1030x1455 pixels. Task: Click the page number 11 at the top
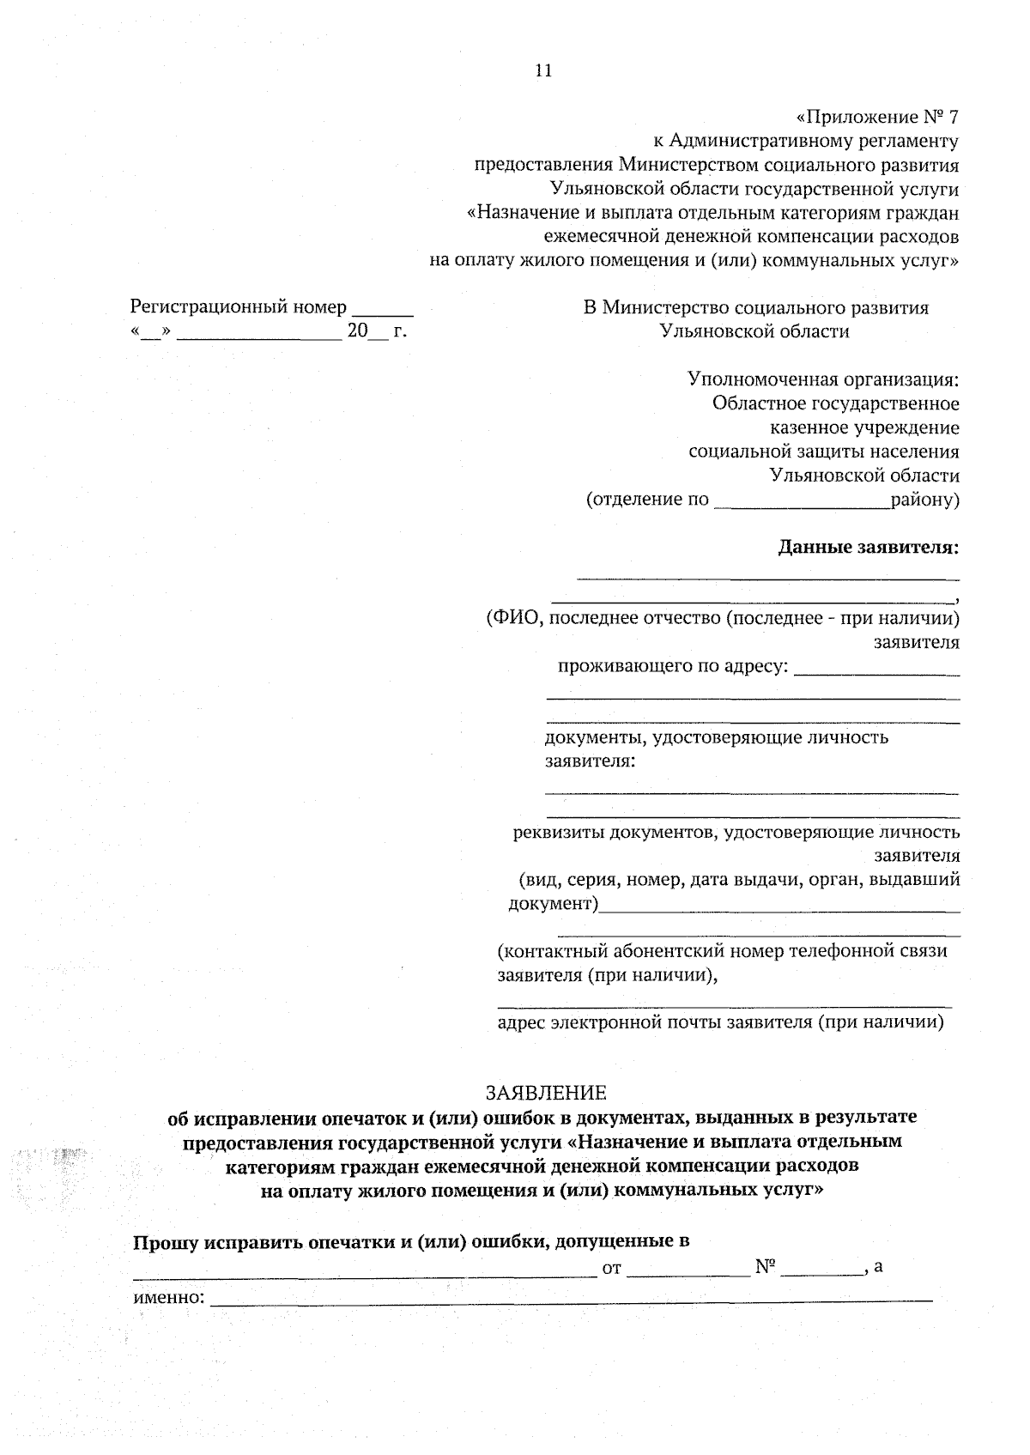point(542,71)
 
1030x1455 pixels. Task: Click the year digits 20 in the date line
point(357,331)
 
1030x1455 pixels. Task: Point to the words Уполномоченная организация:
point(822,379)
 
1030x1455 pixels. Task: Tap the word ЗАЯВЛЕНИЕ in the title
point(546,1093)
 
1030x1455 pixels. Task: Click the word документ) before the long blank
point(553,903)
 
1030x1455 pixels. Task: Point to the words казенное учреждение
point(864,427)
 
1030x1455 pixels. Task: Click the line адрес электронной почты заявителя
point(720,1022)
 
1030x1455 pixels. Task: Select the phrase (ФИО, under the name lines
point(512,618)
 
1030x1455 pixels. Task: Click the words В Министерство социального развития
point(755,307)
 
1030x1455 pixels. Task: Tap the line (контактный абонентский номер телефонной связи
point(722,950)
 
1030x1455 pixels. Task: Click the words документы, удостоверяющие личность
point(716,737)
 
